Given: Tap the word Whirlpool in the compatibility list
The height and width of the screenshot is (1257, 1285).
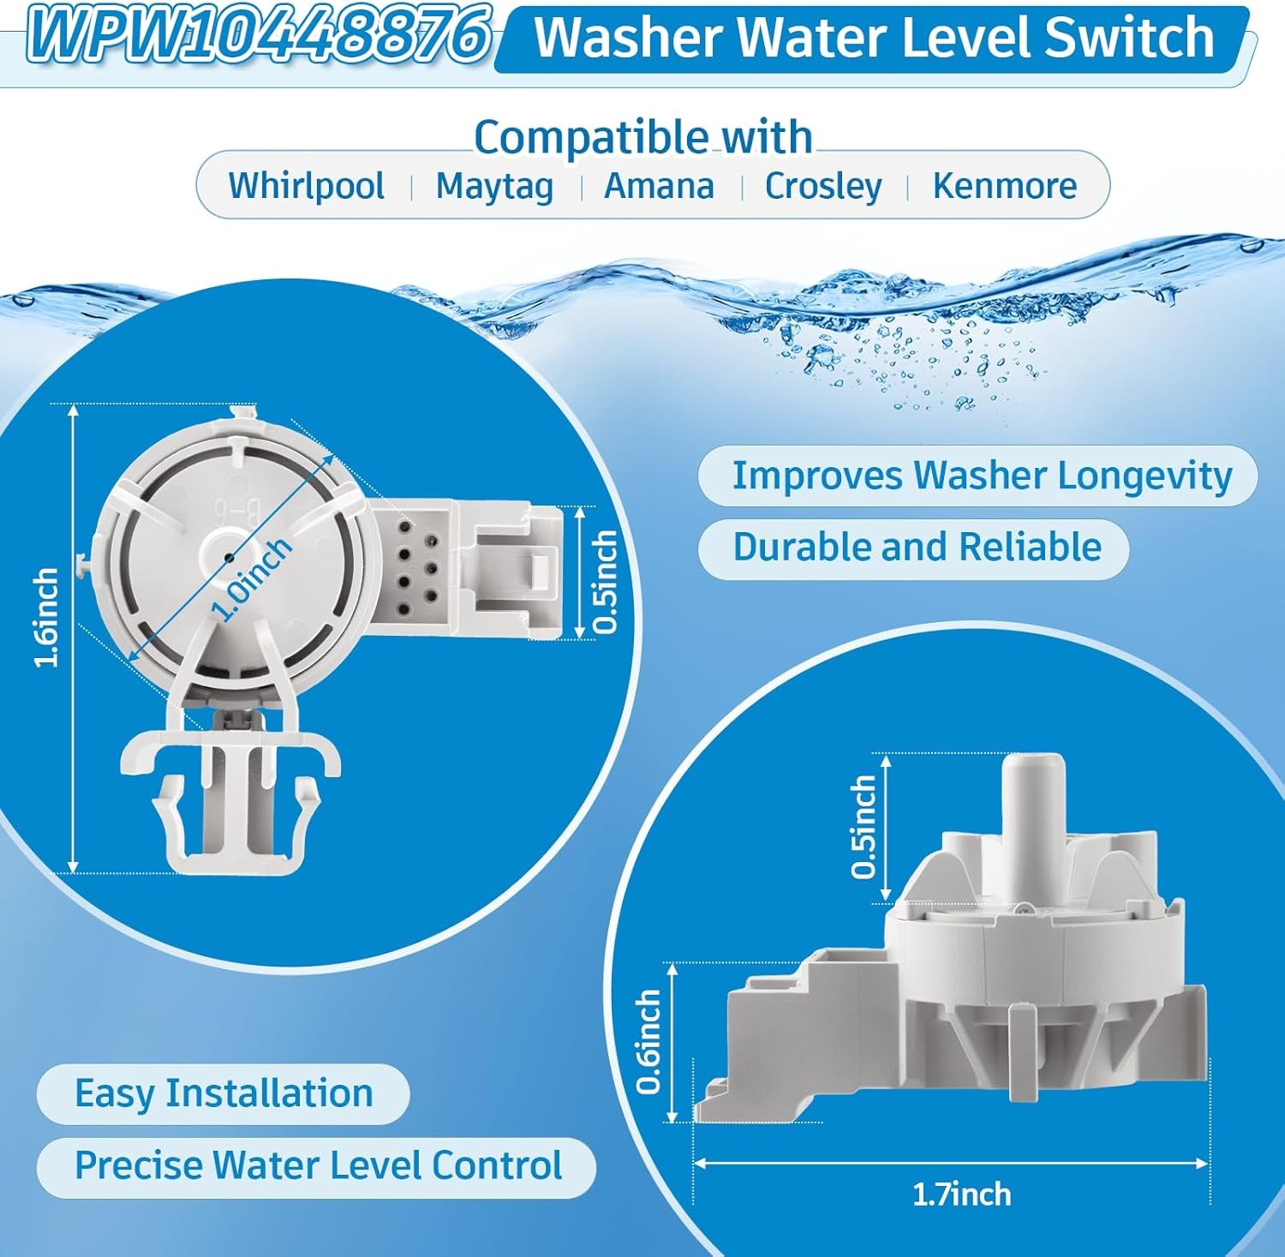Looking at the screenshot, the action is [x=306, y=186].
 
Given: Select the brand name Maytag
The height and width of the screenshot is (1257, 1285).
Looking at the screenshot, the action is [x=494, y=187].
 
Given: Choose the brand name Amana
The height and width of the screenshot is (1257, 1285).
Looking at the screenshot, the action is [x=659, y=186].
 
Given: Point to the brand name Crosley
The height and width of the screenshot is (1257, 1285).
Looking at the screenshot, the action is [x=823, y=187].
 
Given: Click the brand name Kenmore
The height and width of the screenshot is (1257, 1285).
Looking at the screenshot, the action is [x=1005, y=186].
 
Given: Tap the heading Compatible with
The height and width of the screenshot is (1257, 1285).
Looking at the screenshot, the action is [x=642, y=137].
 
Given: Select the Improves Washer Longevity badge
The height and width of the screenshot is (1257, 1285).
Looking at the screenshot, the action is [x=977, y=476].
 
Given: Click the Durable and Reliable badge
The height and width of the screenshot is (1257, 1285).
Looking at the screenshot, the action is [x=913, y=548].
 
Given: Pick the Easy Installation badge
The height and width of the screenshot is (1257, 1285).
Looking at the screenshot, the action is [x=223, y=1094].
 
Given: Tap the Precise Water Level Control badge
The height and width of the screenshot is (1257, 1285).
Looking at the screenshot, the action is [x=316, y=1166].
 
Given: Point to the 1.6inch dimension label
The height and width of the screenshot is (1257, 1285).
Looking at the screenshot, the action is [x=46, y=617].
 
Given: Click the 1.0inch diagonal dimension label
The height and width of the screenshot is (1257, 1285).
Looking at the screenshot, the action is [x=252, y=579].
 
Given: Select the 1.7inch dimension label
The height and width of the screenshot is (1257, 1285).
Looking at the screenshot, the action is [x=961, y=1194].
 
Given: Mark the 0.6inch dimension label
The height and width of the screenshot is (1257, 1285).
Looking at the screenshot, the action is [x=648, y=1042].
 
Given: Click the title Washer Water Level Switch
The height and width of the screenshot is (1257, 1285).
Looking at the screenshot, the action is [x=874, y=37].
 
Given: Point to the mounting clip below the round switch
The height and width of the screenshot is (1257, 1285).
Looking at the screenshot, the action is [x=230, y=797].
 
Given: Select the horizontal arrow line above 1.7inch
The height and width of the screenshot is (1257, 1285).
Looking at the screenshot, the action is [x=950, y=1163].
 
